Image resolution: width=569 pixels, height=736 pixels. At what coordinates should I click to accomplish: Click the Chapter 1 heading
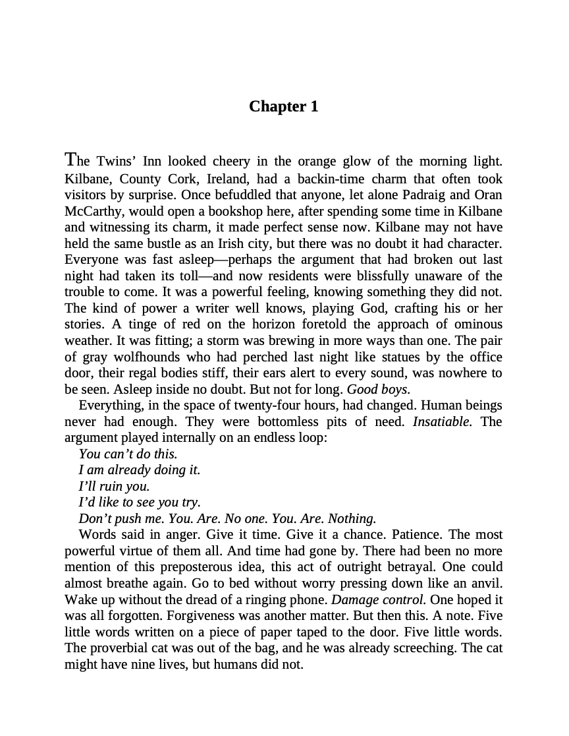coord(284,107)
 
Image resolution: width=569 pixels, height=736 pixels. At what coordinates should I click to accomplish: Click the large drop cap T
coord(72,160)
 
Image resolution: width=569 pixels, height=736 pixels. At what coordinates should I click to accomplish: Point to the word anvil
coord(486,583)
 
